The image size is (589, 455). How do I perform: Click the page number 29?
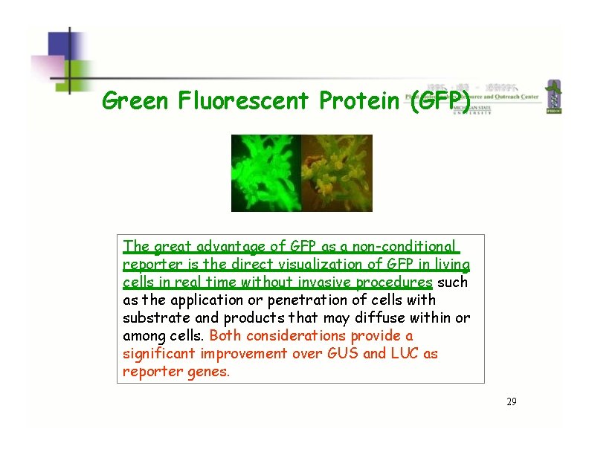[511, 401]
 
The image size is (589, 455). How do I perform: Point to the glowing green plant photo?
[265, 172]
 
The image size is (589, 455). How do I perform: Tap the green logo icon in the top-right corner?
[553, 97]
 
